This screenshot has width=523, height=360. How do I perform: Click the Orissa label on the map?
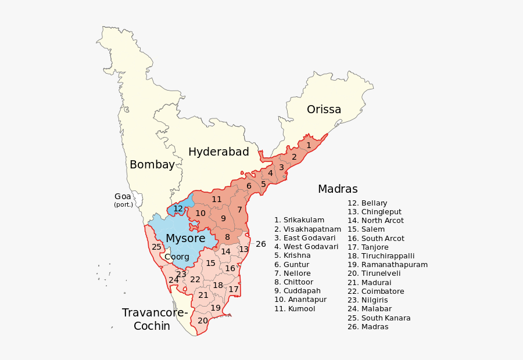(324, 110)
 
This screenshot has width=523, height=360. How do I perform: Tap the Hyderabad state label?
(218, 152)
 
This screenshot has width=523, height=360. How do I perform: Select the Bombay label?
(152, 165)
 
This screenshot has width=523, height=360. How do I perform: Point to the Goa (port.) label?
(123, 200)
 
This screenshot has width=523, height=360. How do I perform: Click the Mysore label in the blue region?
(185, 239)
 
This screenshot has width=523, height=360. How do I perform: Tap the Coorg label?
(177, 257)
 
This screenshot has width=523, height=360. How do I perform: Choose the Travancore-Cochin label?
(155, 319)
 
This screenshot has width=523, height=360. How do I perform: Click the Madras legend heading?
(338, 189)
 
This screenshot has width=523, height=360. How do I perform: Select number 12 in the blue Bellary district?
(178, 208)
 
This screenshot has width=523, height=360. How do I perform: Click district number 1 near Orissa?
(309, 145)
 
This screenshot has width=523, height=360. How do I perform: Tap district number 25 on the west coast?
(156, 247)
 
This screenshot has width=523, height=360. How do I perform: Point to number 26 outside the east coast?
(261, 244)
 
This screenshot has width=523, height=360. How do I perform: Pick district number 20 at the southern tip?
(202, 321)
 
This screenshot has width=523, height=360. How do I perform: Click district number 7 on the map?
(239, 210)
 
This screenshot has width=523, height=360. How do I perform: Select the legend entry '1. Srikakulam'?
(299, 220)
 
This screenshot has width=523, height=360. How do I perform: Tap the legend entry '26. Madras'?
(368, 327)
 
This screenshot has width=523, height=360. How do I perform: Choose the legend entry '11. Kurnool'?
(295, 309)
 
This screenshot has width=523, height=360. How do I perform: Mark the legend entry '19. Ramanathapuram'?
(388, 265)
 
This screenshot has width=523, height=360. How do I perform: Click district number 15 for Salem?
(210, 263)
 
